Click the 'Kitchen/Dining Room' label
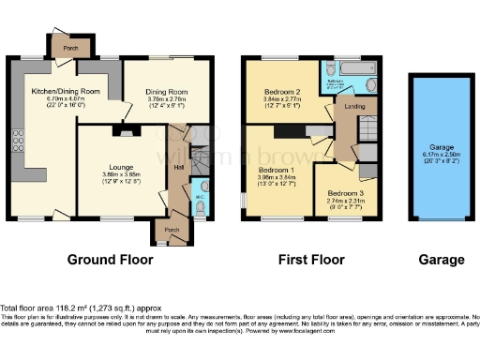52,90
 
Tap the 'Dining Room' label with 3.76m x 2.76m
167,91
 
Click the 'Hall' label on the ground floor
179,167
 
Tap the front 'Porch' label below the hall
172,229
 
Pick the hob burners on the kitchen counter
17,141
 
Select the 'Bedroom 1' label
276,171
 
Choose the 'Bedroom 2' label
280,91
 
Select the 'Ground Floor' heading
110,260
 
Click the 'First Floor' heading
311,260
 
